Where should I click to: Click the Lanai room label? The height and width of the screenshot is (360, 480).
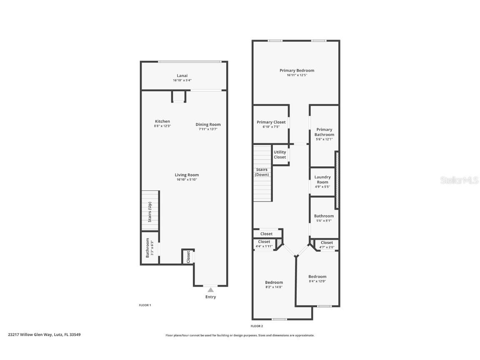[182, 76]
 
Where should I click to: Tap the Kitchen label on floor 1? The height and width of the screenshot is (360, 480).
[162, 121]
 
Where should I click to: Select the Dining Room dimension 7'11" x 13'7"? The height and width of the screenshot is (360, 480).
[208, 129]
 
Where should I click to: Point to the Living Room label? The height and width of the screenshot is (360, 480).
[187, 175]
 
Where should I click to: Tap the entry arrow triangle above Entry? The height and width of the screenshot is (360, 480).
[211, 290]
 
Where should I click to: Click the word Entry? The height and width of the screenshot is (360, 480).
[211, 297]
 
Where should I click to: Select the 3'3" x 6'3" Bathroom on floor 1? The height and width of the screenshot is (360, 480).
[149, 248]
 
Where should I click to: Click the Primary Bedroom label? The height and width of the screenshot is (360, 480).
[297, 70]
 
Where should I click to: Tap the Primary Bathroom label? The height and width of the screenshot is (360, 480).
[324, 132]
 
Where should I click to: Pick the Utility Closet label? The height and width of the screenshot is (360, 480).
[280, 155]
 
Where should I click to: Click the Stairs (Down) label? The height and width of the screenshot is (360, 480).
[262, 172]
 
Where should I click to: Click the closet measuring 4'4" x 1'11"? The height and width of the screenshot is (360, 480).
[264, 244]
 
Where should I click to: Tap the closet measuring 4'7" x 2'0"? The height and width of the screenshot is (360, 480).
[327, 245]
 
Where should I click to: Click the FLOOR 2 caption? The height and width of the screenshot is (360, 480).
[257, 326]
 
